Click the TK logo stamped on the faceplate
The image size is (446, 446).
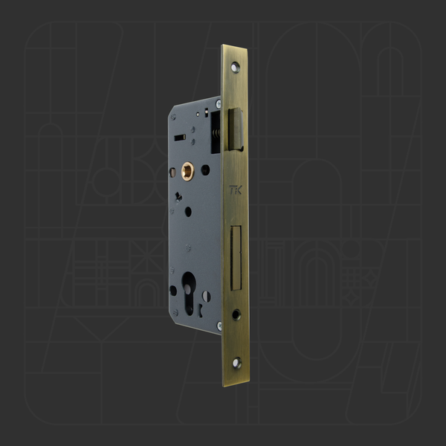pos(235,190)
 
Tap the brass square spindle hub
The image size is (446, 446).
pos(188,171)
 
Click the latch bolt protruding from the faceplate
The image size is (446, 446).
pos(236,129)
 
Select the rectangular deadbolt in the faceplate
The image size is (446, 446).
pos(236,258)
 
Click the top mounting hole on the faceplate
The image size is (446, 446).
pos(235,68)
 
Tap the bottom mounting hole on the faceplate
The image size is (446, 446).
pos(236,363)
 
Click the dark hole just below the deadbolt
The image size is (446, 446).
pos(236,314)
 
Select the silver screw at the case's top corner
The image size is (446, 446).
pos(219,103)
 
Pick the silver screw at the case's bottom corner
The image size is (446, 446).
pos(219,326)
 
